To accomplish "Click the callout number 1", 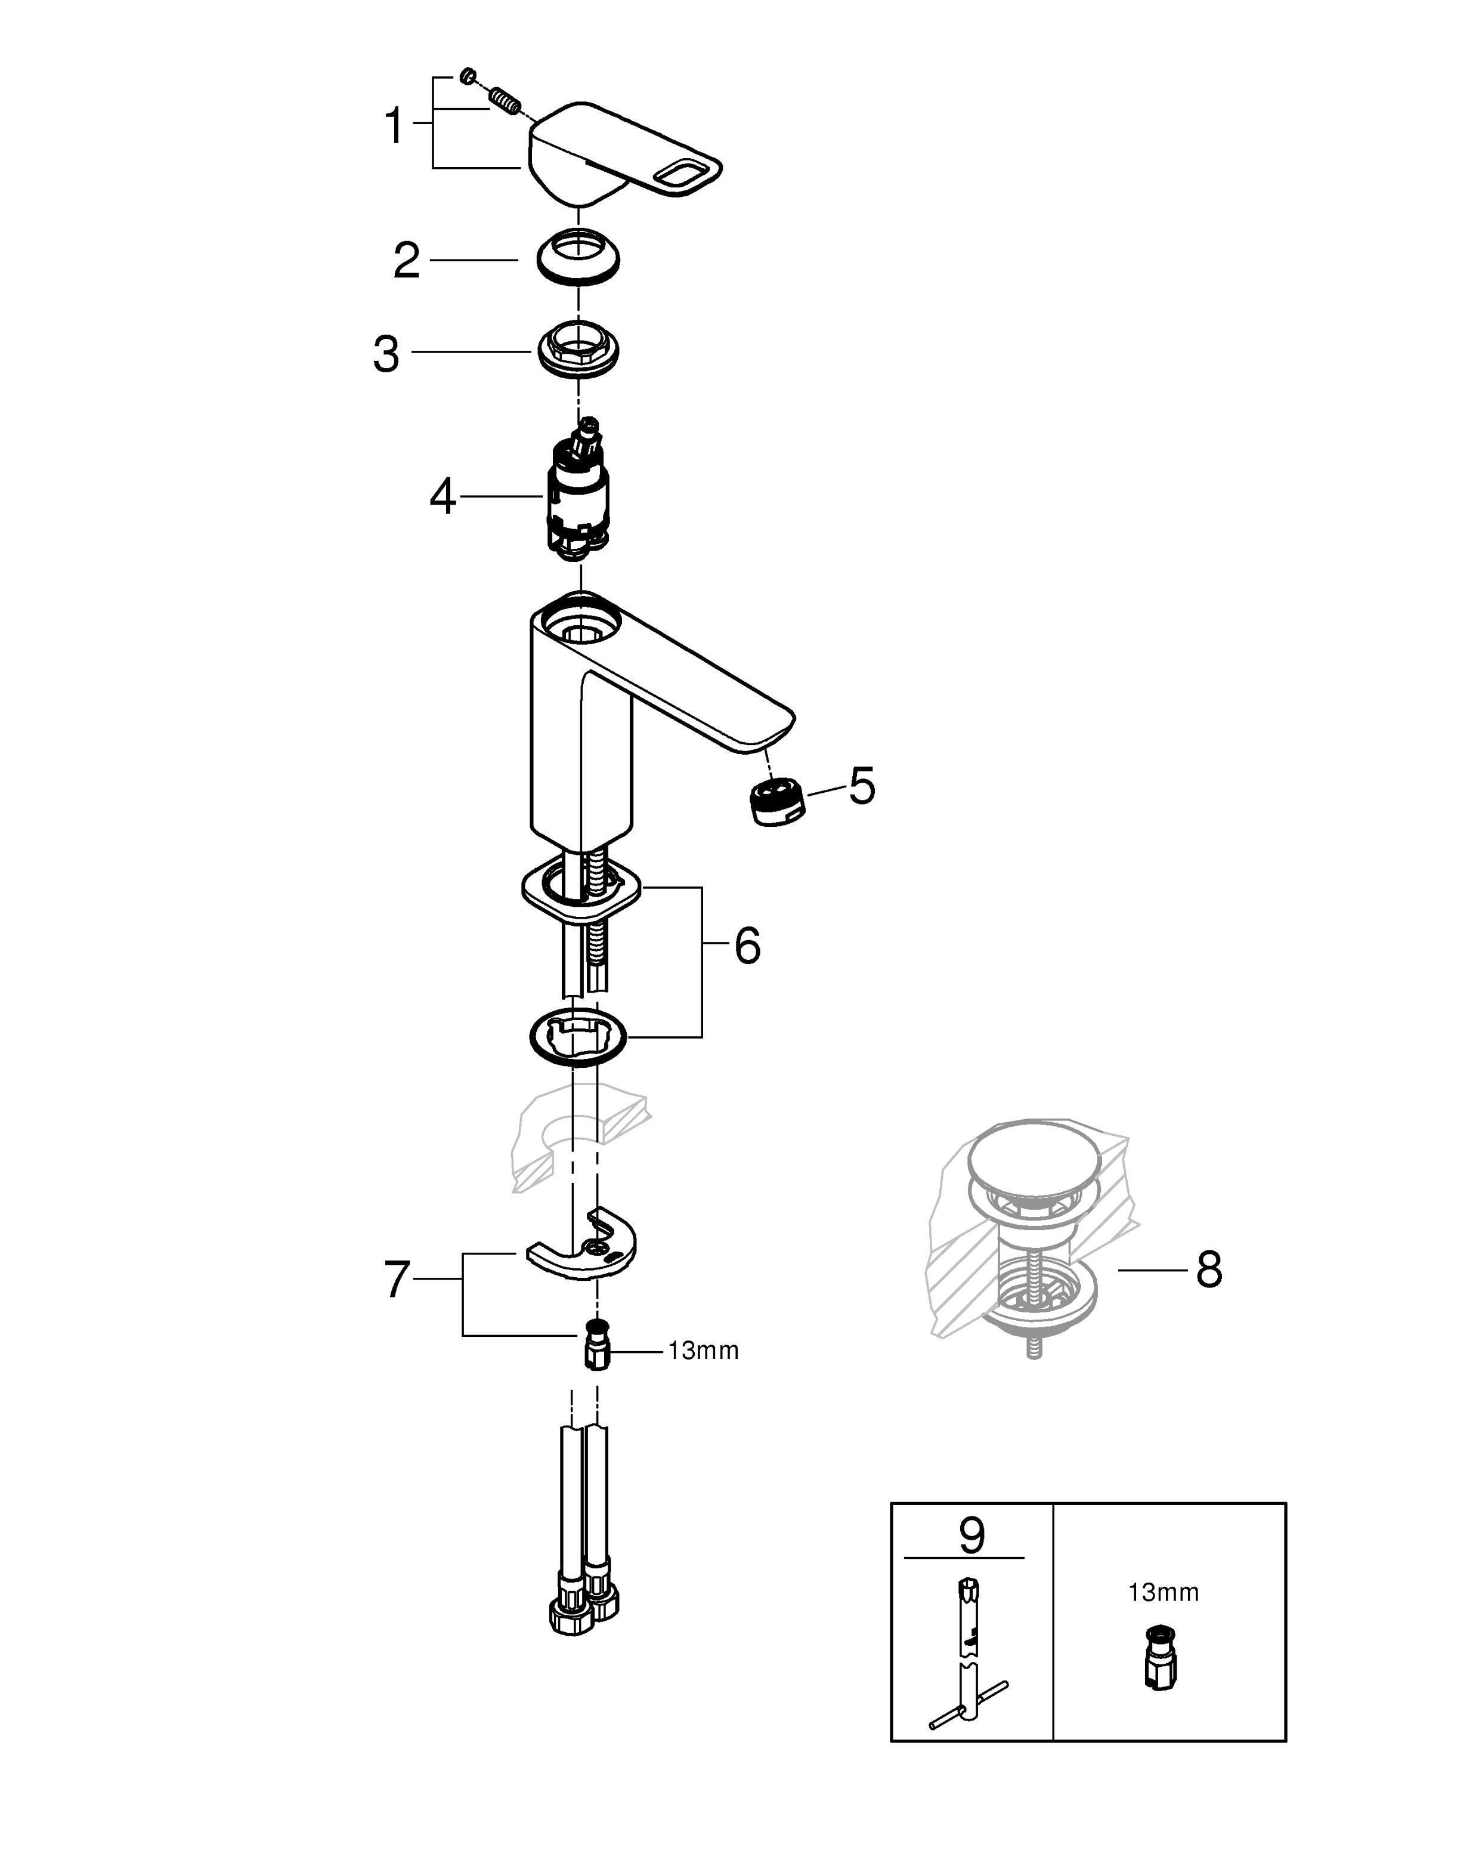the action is click(394, 126).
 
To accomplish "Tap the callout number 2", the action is click(406, 261).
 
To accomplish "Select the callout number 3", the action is click(386, 354).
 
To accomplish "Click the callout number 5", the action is click(862, 786).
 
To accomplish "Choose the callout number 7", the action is click(397, 1279).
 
